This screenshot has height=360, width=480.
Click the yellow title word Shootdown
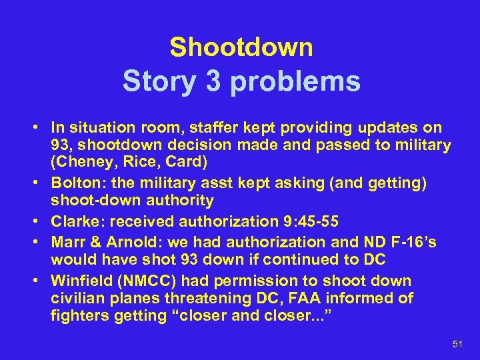pyautogui.click(x=241, y=47)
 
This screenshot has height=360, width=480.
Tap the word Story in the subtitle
pyautogui.click(x=157, y=81)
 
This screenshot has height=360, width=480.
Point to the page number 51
pyautogui.click(x=457, y=343)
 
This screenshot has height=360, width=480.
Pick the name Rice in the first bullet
pyautogui.click(x=126, y=162)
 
